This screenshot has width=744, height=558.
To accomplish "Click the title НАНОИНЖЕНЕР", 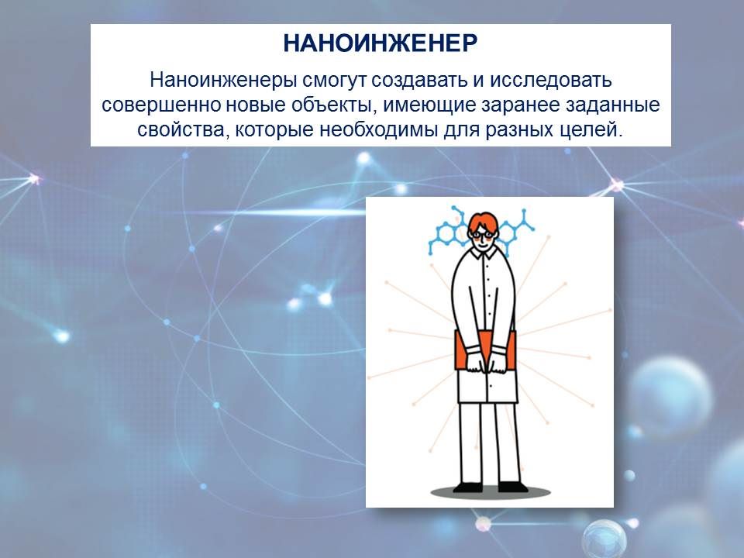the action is pos(380,43).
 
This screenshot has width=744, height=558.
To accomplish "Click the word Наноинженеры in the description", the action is pos(223,80).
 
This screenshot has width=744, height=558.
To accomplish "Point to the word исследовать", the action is pos(550,81).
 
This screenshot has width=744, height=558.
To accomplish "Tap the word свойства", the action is pos(183,130).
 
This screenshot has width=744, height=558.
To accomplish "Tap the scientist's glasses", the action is pos(482,233).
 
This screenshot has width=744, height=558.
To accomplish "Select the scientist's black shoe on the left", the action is pos(468,487).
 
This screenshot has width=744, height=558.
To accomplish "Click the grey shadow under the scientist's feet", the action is pos(490,494).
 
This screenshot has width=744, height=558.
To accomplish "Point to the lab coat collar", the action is pos(484,254).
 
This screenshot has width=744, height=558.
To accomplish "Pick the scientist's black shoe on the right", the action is pos(512,487).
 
